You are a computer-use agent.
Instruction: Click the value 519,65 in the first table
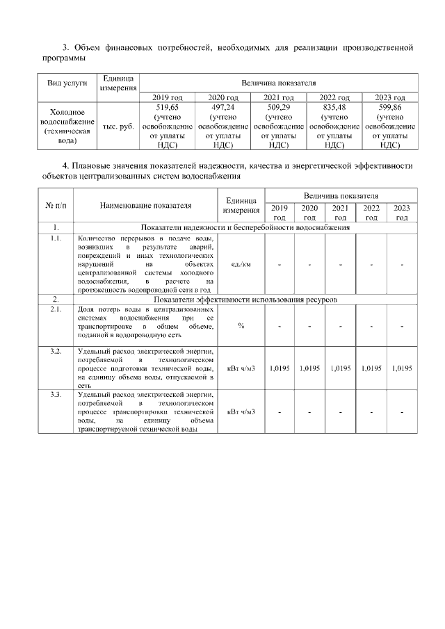pos(167,108)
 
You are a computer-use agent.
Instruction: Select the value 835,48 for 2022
pos(334,108)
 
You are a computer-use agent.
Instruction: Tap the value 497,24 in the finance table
pos(222,108)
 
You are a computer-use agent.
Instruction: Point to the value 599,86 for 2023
pos(389,108)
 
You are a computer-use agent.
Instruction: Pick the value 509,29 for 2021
pos(278,108)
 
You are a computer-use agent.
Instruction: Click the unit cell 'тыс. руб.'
pos(118,126)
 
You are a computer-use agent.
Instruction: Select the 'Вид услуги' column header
pos(67,82)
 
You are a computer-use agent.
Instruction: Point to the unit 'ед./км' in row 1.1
pos(241,264)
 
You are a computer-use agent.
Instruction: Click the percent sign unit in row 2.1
pos(241,327)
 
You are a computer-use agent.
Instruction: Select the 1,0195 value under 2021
pos(340,368)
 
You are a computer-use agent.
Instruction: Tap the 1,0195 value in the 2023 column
pos(401,368)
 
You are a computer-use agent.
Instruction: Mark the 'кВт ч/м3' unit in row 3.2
pos(241,368)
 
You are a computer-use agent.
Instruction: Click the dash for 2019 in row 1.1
pos(279,265)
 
